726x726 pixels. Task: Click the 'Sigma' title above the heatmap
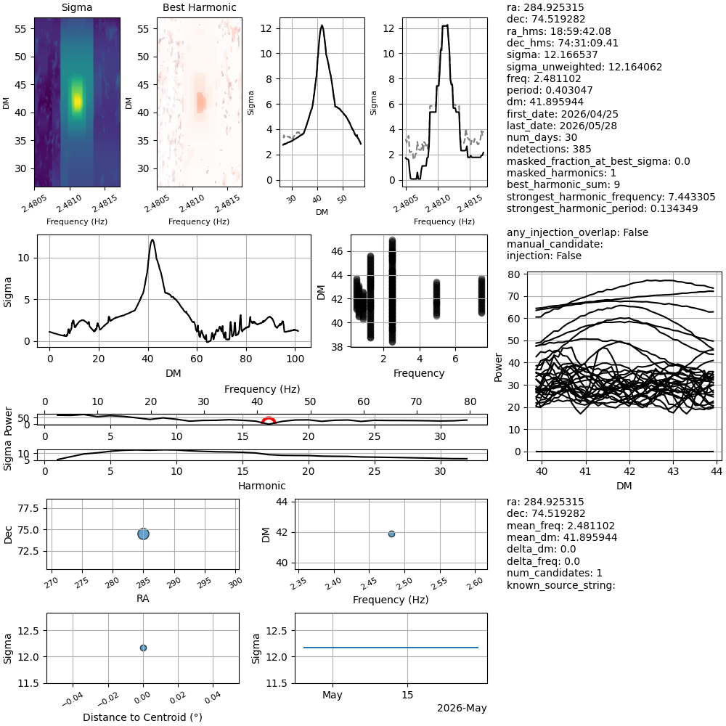[x=77, y=7]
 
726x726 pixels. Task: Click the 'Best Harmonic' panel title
[x=199, y=7]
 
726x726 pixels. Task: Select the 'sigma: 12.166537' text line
[x=552, y=54]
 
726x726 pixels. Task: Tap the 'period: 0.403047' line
[x=550, y=90]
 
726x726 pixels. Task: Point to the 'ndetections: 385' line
[x=549, y=149]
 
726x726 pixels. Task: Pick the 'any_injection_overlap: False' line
[x=577, y=232]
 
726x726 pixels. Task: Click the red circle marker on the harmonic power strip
[x=269, y=420]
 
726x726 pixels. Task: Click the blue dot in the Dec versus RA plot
[x=144, y=534]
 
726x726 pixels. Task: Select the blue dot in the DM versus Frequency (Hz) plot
[x=392, y=534]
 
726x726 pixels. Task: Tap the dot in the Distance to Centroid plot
[x=143, y=648]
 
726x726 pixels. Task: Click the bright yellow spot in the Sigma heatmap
[x=78, y=101]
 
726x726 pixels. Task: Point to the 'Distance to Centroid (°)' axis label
[x=142, y=717]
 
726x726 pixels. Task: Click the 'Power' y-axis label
[x=498, y=367]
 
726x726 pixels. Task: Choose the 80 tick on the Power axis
[x=514, y=274]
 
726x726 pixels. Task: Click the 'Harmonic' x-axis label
[x=261, y=486]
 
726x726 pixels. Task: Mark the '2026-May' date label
[x=462, y=708]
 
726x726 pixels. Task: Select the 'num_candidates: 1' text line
[x=554, y=574]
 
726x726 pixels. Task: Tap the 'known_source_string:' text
[x=560, y=585]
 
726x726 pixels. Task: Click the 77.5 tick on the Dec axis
[x=29, y=508]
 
